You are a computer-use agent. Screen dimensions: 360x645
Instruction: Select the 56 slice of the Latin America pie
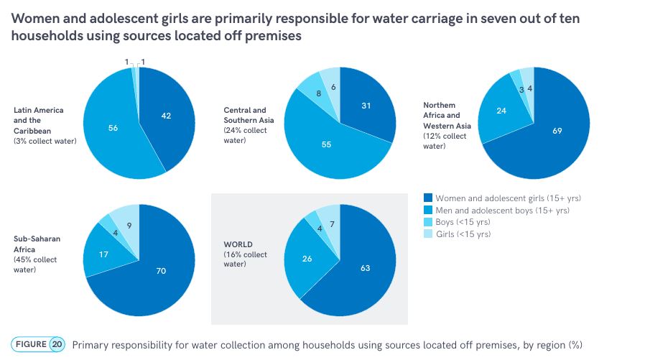(113, 128)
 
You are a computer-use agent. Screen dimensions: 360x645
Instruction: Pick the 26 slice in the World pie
(307, 259)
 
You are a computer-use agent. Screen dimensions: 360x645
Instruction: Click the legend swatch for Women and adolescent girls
(429, 198)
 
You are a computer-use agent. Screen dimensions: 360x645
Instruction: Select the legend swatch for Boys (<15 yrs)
(429, 222)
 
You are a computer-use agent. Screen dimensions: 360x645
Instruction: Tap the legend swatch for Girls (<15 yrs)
(429, 234)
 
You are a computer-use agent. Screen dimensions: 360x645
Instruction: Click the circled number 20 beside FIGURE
(57, 344)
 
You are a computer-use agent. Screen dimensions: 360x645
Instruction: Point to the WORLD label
(238, 245)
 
